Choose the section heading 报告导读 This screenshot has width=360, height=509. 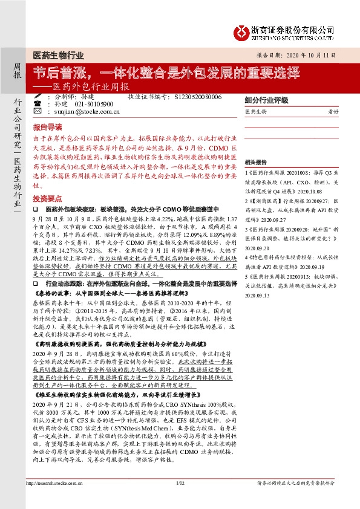coord(47,129)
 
